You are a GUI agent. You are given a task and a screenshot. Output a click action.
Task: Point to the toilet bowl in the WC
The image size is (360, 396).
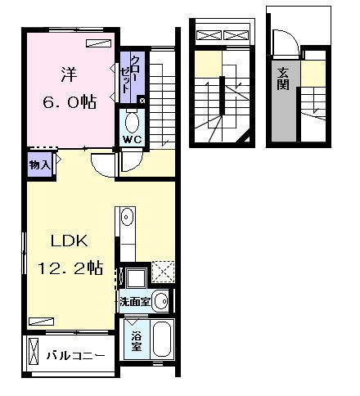[132, 123]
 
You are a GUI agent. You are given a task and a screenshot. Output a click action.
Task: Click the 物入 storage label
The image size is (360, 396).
[39, 164]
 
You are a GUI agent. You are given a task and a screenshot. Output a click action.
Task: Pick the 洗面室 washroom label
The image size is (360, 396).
[133, 301]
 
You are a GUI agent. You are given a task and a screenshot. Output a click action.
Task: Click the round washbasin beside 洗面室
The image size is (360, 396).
[161, 301]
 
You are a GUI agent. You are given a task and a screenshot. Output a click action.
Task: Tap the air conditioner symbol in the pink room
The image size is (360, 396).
[98, 42]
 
